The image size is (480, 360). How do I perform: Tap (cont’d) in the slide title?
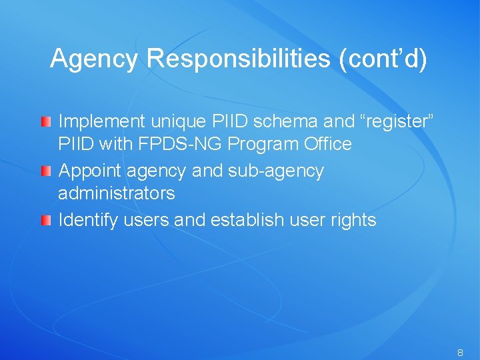click(383, 59)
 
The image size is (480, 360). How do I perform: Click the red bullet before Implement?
click(45, 122)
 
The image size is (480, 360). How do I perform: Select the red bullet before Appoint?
click(45, 172)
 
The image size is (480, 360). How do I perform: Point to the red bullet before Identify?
click(45, 221)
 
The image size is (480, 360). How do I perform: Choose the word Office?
click(327, 145)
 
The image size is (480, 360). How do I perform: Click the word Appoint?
click(89, 171)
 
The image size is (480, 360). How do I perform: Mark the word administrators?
click(117, 194)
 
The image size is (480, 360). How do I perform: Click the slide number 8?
click(460, 351)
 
